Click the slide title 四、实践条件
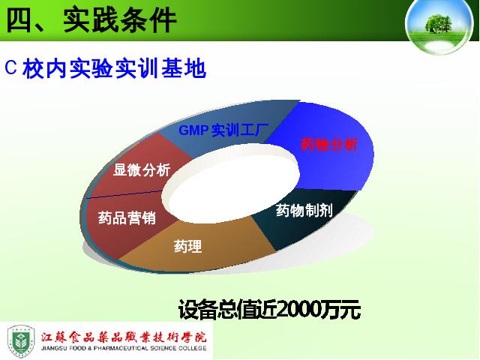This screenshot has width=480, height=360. click(91, 20)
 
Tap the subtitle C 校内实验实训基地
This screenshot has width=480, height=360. click(105, 68)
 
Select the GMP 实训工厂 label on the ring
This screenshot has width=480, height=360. click(223, 130)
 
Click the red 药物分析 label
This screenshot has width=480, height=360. click(329, 145)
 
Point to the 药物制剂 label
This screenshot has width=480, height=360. click(304, 210)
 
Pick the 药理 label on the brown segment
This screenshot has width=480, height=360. click(188, 246)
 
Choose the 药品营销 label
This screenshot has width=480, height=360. click(127, 217)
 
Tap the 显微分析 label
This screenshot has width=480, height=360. click(142, 170)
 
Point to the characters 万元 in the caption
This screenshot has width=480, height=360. click(340, 310)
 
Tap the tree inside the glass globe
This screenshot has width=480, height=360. click(438, 23)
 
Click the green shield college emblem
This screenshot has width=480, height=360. click(21, 341)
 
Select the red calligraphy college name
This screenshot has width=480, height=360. click(124, 337)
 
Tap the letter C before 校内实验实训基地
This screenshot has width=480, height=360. click(10, 67)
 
